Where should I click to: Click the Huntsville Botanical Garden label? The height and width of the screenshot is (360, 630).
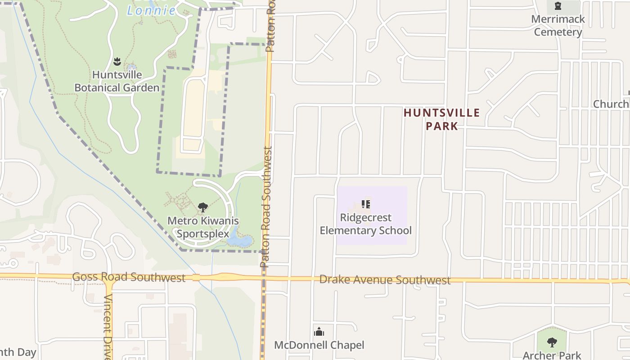[x=117, y=81]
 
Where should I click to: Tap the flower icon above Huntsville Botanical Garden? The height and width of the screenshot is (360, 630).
[x=117, y=61]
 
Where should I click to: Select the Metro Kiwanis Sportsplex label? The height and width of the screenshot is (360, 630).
[x=203, y=227]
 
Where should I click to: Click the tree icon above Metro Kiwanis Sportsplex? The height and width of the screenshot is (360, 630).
[x=203, y=207]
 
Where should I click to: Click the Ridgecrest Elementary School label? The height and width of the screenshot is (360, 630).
[x=365, y=224]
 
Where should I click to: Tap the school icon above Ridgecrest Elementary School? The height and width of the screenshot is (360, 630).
[x=366, y=204]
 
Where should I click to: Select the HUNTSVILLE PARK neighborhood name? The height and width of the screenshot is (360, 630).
[x=442, y=119]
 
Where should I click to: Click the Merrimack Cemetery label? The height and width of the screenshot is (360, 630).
[x=558, y=26]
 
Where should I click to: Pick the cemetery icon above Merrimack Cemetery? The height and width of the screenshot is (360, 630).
[x=558, y=6]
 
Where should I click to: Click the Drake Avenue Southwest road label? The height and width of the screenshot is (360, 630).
[x=385, y=280]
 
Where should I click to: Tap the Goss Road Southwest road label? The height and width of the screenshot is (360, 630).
[x=129, y=277]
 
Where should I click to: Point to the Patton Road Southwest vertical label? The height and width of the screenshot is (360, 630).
[x=267, y=207]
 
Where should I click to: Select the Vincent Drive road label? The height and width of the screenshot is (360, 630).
[x=108, y=326]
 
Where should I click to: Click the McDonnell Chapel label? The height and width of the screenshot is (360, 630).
[x=319, y=345]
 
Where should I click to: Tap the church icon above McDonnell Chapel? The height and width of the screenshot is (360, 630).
[x=319, y=332]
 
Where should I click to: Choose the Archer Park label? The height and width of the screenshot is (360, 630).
[x=552, y=355]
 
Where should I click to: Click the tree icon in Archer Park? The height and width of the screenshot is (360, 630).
[x=552, y=342]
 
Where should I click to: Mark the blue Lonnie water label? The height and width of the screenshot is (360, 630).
[x=151, y=10]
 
